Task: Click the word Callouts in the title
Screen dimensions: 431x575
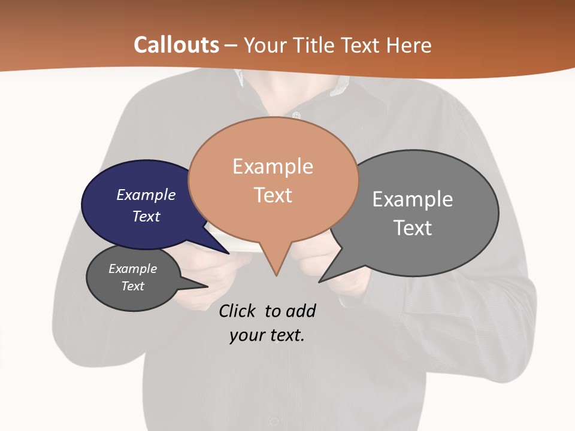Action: [176, 45]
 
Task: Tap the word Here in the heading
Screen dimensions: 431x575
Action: [408, 45]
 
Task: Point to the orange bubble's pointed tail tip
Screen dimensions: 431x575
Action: [276, 275]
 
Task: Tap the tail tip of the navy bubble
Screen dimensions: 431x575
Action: [229, 253]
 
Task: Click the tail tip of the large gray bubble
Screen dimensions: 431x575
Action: [320, 281]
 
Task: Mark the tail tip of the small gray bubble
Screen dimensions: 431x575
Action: [207, 286]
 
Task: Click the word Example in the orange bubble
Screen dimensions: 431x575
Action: [273, 166]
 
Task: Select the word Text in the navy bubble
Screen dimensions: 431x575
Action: [146, 216]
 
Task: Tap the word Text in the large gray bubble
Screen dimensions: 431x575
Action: [413, 228]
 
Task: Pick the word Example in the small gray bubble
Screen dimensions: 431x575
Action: [132, 269]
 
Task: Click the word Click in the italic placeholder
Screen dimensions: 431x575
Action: [237, 311]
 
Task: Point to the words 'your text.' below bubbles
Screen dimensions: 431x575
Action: [267, 336]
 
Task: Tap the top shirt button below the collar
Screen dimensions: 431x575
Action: [296, 114]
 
